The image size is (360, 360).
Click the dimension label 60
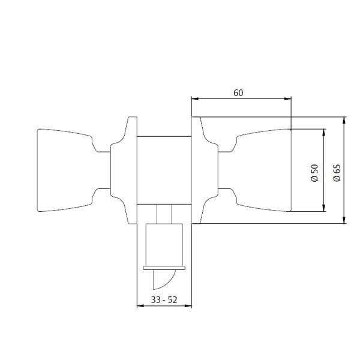[238, 93]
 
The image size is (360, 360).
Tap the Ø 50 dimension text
[314, 173]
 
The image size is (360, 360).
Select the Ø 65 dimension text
[337, 173]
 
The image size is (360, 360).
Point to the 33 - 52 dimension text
[164, 300]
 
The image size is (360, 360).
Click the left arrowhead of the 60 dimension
[195, 99]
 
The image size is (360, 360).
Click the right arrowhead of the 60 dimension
[288, 99]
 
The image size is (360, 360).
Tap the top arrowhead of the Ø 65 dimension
[344, 121]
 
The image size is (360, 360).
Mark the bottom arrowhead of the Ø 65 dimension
[344, 220]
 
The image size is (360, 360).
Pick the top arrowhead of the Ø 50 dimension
[324, 133]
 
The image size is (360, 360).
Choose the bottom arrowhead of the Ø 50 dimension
[324, 208]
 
